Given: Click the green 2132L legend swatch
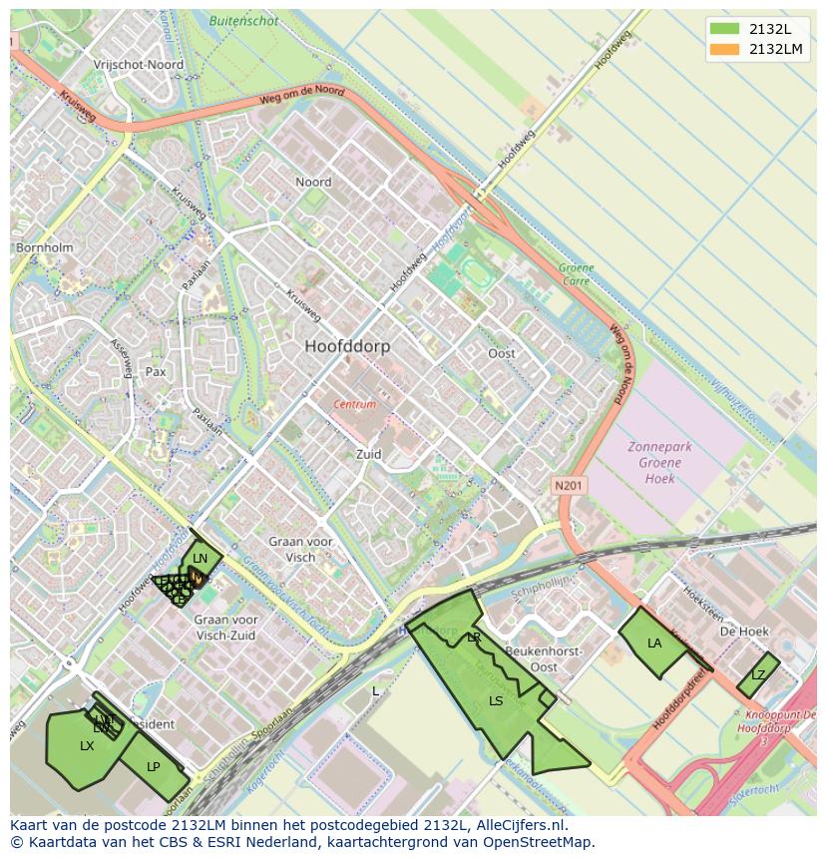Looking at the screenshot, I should pos(724,29).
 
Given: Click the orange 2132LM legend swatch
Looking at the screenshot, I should pos(724,49).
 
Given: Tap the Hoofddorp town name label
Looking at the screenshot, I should pos(347,346).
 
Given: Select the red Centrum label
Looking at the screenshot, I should pos(354,405).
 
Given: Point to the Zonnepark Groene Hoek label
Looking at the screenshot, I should pos(659,462).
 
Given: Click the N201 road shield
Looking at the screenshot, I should pos(570,485).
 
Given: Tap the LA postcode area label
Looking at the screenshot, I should pos(654,644).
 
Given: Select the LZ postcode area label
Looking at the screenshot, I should pos(758,675).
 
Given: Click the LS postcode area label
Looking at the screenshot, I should pos(496,701).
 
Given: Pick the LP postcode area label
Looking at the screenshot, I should pos(154,767).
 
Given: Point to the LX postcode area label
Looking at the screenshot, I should pos(87,746).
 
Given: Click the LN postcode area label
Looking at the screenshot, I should pos(201,559).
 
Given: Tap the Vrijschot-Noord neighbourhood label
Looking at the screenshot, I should pos(138,65).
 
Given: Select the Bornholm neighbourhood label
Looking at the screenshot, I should pos(44,247).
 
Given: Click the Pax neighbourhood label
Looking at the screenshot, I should pos(156,371).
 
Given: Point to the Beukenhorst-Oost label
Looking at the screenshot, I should pos(545,658).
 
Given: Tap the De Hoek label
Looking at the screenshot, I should pos(744,632).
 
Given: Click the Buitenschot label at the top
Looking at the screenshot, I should pos(244,19).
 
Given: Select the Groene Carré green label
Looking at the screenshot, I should pos(576,274).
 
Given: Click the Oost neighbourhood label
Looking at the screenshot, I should pos(502,354).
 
